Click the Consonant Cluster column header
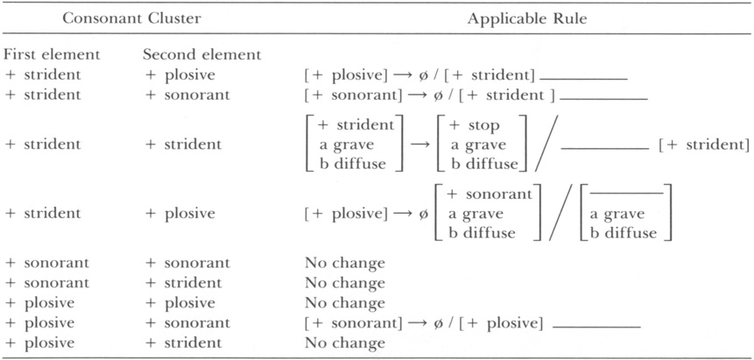pyautogui.click(x=131, y=18)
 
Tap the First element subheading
pyautogui.click(x=52, y=54)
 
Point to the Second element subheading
pyautogui.click(x=202, y=54)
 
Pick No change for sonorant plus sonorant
pyautogui.click(x=344, y=264)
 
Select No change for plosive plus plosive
pyautogui.click(x=344, y=303)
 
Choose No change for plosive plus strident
pyautogui.click(x=344, y=342)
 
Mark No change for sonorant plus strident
pyautogui.click(x=344, y=283)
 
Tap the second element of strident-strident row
pyautogui.click(x=183, y=145)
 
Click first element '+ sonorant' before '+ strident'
pyautogui.click(x=46, y=283)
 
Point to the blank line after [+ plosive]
pyautogui.click(x=596, y=327)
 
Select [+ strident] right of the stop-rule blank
pyautogui.click(x=703, y=145)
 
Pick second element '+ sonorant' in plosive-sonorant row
pyautogui.click(x=187, y=323)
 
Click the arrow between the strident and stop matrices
pyautogui.click(x=420, y=145)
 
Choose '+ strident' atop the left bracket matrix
pyautogui.click(x=356, y=125)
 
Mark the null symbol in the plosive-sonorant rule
pyautogui.click(x=424, y=323)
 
